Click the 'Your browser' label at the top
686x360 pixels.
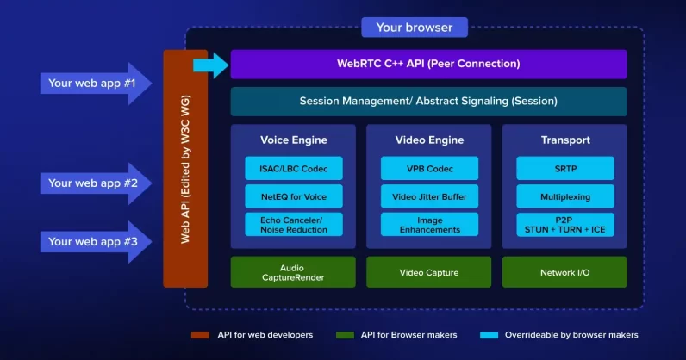414,28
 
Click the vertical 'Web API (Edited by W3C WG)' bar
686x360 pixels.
185,169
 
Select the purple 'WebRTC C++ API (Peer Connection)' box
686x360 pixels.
428,64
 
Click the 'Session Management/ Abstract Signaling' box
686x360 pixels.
428,102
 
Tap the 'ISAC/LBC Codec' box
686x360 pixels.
294,169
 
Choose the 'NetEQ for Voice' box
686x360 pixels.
294,197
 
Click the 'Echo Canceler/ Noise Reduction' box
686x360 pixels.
294,225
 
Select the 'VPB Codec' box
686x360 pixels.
429,169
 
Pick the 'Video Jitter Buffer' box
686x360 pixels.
429,197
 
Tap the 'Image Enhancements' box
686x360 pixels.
429,225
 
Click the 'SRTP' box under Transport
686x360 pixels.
564,169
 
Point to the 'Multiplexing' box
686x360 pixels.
564,197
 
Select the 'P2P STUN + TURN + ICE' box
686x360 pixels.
564,225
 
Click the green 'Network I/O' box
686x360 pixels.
564,272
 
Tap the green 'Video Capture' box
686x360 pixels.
429,272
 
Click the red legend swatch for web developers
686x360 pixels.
201,335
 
